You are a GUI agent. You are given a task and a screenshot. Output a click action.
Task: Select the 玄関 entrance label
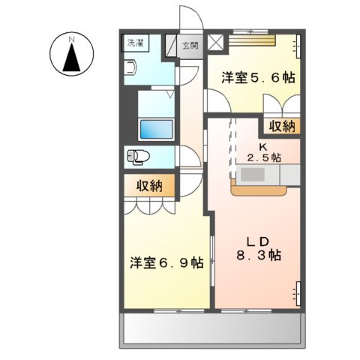[190, 46]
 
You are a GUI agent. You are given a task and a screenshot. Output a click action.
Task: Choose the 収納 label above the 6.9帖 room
[150, 184]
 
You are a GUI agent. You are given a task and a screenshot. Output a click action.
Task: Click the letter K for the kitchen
[263, 146]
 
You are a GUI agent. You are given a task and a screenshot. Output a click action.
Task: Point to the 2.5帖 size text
[264, 157]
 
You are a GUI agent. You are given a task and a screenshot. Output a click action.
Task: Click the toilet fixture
[139, 157]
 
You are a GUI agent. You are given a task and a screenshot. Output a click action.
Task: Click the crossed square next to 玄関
[217, 42]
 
